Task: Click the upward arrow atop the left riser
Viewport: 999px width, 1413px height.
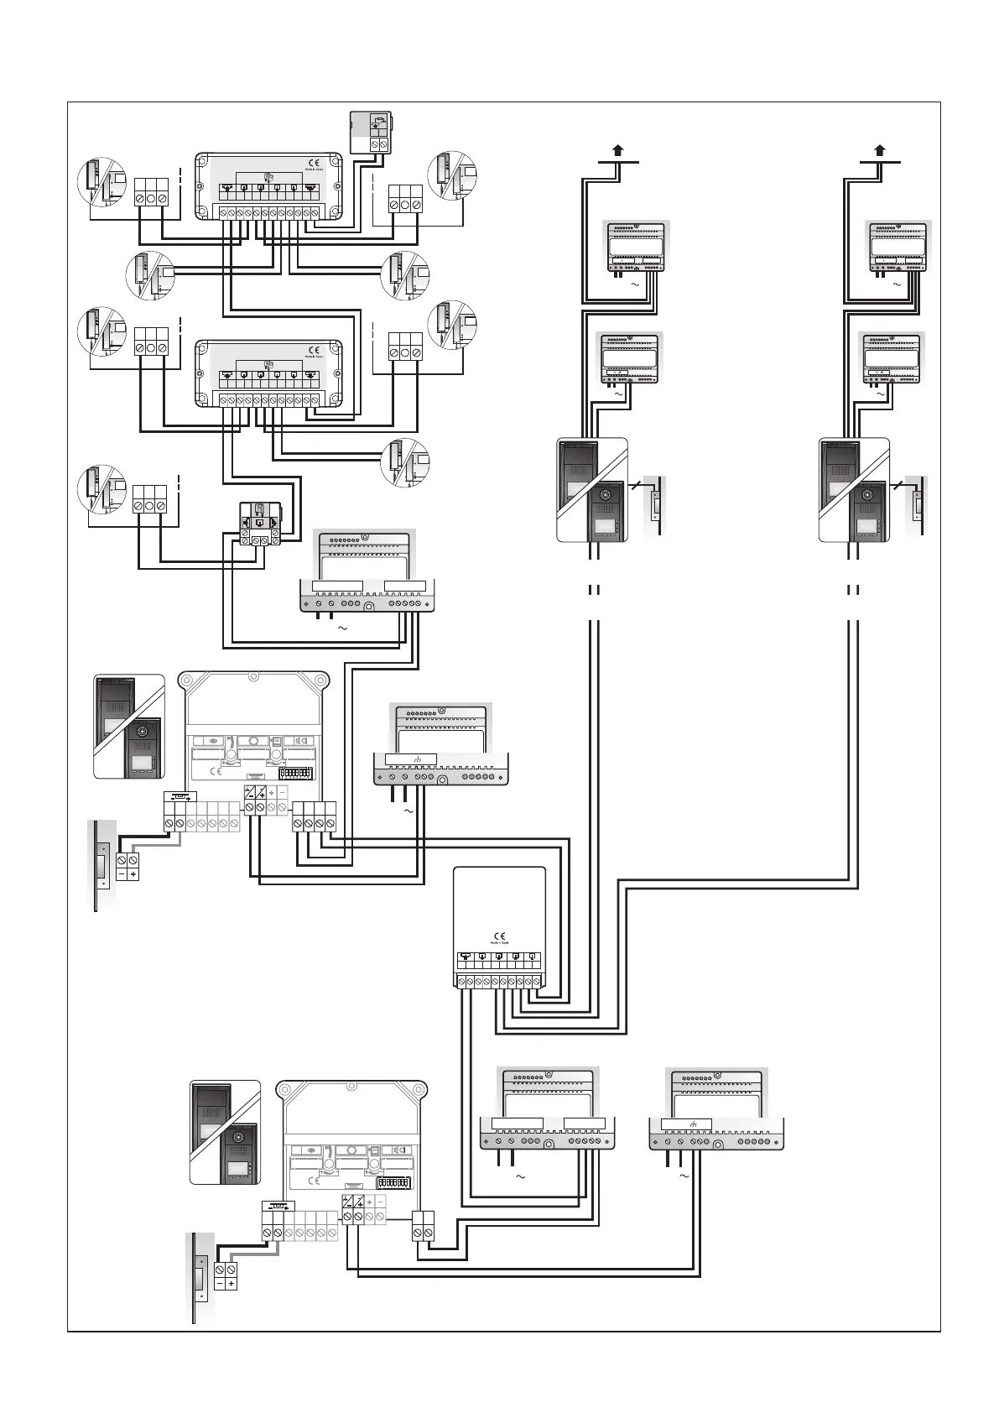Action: point(617,152)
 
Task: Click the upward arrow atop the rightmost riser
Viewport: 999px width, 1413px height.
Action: point(880,152)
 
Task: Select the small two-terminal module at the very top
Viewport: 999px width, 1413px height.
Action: point(372,133)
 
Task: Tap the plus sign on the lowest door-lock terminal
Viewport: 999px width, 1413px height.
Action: point(232,1283)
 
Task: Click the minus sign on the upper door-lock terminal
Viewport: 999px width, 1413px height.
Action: point(121,874)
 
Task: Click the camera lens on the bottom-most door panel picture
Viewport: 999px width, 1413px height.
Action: point(239,1141)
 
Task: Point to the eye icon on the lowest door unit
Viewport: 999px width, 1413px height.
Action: point(311,1151)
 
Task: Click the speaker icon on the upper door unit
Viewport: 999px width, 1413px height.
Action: point(299,741)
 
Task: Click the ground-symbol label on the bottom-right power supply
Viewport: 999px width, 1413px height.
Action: point(686,1124)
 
